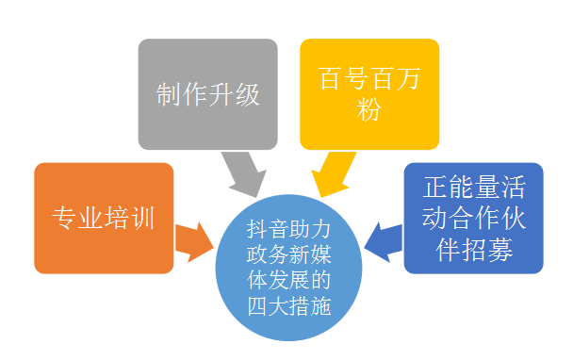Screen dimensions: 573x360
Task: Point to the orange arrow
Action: pos(192,239)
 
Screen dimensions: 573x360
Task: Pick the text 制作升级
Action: pos(207,95)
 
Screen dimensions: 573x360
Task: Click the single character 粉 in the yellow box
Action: pos(369,109)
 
